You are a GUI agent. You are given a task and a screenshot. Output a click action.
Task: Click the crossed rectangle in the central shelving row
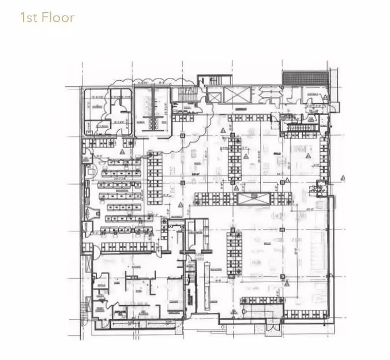[x=253, y=199]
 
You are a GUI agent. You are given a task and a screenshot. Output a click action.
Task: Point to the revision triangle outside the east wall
[x=343, y=178]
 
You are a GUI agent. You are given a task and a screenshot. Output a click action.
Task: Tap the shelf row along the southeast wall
[x=306, y=314]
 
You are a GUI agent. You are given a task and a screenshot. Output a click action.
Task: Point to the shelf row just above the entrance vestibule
[x=261, y=301]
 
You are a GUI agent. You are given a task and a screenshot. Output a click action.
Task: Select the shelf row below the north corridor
[x=249, y=118]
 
